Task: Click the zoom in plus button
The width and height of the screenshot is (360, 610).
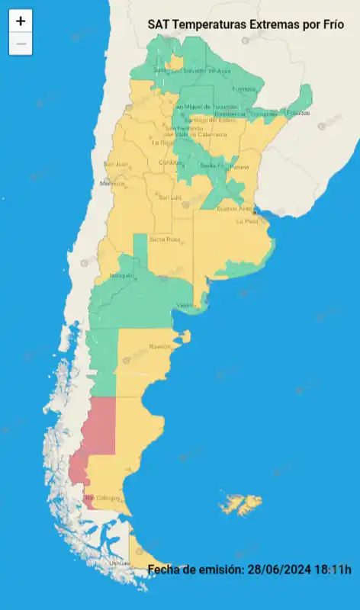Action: pyautogui.click(x=21, y=21)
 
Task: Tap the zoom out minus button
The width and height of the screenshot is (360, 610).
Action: pyautogui.click(x=21, y=43)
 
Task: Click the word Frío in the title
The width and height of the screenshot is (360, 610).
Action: pyautogui.click(x=330, y=25)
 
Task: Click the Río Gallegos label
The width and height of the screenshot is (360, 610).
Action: pyautogui.click(x=103, y=499)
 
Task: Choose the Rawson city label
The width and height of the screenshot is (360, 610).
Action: pyautogui.click(x=160, y=346)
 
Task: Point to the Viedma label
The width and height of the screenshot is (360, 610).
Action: pyautogui.click(x=187, y=305)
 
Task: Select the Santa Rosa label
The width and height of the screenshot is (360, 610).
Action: pyautogui.click(x=164, y=239)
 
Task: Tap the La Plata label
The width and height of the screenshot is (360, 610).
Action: pyautogui.click(x=246, y=221)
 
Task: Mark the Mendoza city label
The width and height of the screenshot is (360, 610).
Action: pyautogui.click(x=111, y=184)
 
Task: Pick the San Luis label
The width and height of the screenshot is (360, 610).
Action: pyautogui.click(x=169, y=197)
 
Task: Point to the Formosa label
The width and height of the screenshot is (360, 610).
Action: pyautogui.click(x=243, y=89)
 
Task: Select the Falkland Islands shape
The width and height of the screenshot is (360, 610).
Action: pyautogui.click(x=240, y=504)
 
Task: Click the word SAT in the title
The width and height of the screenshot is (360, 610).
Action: pyautogui.click(x=159, y=25)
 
